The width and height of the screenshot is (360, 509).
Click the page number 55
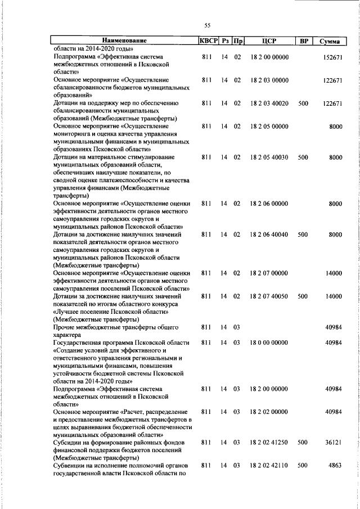[207, 26]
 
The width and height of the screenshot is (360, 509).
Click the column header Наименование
[124, 41]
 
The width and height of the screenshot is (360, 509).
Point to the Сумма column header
[329, 41]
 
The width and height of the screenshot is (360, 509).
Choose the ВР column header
[303, 41]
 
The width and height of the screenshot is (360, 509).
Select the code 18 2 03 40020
[269, 103]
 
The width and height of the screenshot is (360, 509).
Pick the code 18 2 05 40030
[269, 158]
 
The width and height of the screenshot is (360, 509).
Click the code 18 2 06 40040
[269, 233]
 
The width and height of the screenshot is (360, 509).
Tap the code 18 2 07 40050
[269, 296]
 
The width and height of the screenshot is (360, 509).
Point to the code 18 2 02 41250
[269, 443]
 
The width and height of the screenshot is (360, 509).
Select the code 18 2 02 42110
[269, 466]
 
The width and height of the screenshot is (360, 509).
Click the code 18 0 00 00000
[269, 343]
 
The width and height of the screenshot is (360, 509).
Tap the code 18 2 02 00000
[269, 412]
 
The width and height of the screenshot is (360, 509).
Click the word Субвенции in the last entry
[70, 466]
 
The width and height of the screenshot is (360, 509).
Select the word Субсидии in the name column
[69, 443]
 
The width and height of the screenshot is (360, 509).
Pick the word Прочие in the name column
[65, 327]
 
